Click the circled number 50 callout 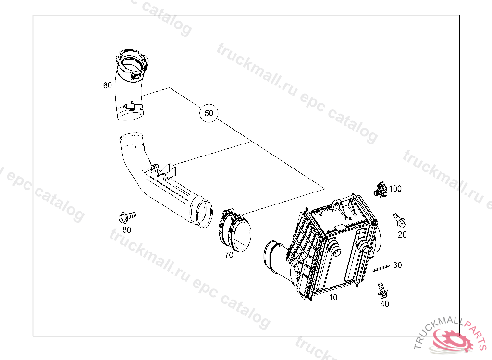[x=209, y=113]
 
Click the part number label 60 [x=108, y=85]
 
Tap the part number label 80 [x=127, y=229]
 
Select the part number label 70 [x=229, y=255]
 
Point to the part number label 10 [x=333, y=297]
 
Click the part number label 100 [x=395, y=189]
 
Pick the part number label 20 [x=402, y=234]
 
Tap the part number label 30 [x=397, y=265]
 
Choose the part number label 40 [x=384, y=304]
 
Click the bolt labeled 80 [x=127, y=217]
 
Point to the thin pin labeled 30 [x=381, y=268]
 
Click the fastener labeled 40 [x=382, y=289]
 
